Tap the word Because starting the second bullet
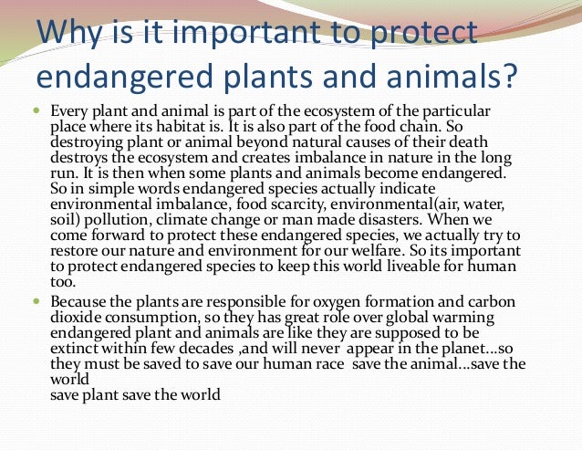coord(79,300)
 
